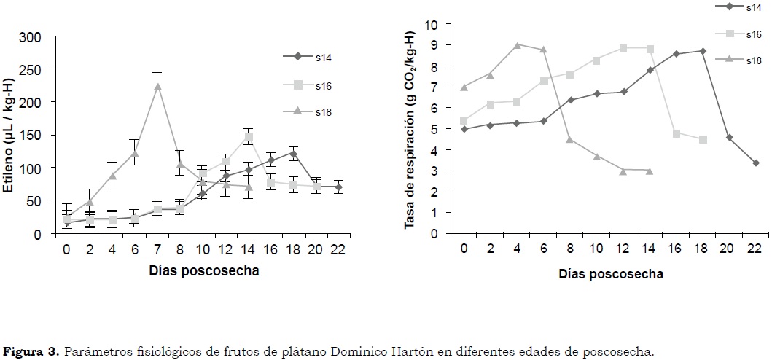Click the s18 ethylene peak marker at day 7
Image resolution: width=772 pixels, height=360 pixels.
click(157, 87)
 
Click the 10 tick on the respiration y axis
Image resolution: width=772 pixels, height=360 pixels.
click(431, 25)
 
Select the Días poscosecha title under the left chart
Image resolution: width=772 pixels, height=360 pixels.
click(203, 270)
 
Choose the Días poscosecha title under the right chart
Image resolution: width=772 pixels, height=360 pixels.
click(611, 274)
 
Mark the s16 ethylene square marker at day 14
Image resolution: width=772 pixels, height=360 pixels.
click(249, 136)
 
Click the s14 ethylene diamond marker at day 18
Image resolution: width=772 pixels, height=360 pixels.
click(293, 154)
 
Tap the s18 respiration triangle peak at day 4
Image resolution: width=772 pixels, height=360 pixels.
click(517, 44)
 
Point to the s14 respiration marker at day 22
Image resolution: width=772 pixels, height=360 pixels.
click(756, 163)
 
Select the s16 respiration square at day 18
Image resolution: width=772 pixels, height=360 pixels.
click(703, 139)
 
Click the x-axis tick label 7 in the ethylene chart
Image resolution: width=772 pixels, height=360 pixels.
click(157, 248)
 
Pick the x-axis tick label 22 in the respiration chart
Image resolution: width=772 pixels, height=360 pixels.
click(755, 248)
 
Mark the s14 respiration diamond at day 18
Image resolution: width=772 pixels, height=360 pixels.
click(703, 51)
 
